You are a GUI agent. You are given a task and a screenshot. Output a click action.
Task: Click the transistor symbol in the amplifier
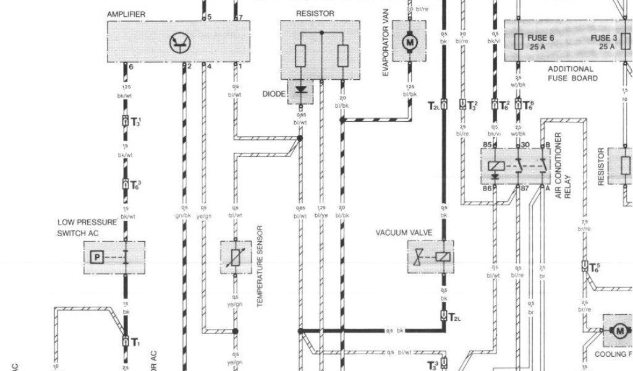tap(181, 42)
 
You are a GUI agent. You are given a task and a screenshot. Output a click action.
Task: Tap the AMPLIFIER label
tap(127, 14)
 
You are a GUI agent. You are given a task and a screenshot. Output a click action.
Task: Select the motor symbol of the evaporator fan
tap(409, 42)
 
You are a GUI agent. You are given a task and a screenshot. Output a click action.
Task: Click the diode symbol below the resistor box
tap(301, 91)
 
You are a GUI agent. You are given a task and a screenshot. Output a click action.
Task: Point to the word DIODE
tap(274, 94)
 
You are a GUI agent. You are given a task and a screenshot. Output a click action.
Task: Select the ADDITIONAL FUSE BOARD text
tap(572, 74)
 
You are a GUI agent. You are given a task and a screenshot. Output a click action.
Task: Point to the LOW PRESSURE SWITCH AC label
tap(87, 228)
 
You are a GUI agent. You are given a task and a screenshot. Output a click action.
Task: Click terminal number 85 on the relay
tap(487, 145)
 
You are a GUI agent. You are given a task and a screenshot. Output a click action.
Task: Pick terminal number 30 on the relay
tap(526, 145)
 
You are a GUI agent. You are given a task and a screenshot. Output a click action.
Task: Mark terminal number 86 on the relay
tap(487, 188)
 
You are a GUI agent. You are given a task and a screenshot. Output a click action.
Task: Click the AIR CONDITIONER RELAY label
tap(562, 165)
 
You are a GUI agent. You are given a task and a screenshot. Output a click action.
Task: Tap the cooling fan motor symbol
tap(619, 331)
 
